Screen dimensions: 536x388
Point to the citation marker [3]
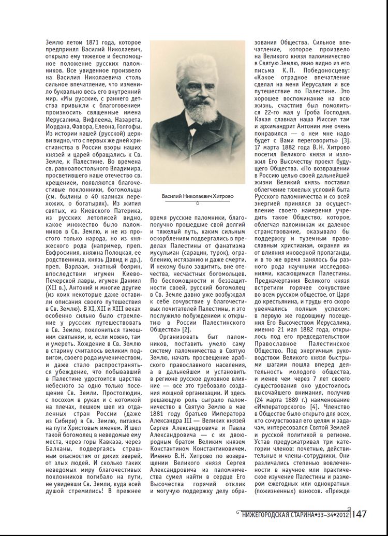345,140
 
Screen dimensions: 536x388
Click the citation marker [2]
188,329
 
